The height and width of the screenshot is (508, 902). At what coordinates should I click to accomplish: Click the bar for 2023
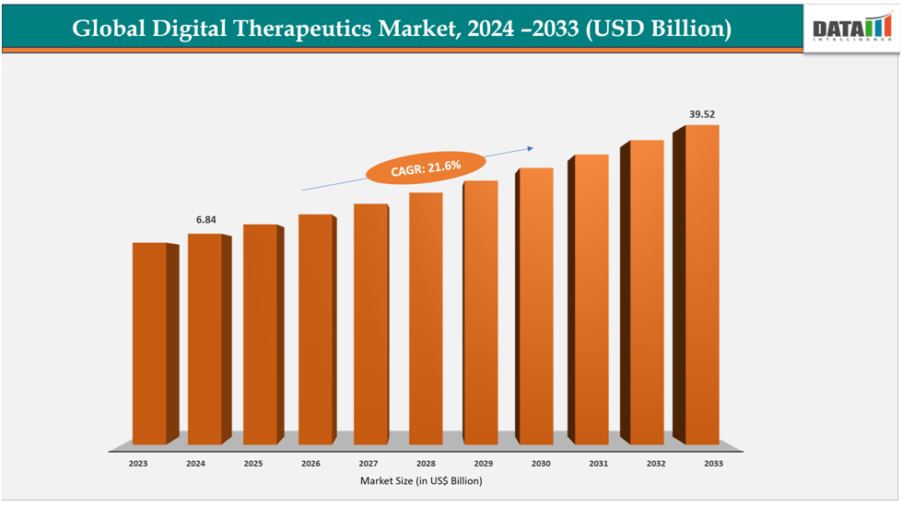point(149,345)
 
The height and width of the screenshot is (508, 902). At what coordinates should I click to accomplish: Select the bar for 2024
point(205,341)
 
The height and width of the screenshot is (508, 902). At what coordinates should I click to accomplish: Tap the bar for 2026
point(315,331)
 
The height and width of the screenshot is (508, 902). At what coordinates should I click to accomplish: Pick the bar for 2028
point(426,320)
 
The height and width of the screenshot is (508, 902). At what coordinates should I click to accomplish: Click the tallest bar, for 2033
point(702,285)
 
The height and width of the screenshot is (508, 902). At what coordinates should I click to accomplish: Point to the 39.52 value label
point(702,115)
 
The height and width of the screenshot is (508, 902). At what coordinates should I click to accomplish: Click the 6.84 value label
point(205,220)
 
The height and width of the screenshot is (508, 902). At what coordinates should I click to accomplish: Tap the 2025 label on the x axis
point(252,465)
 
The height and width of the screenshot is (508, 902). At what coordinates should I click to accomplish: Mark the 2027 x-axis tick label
point(368,465)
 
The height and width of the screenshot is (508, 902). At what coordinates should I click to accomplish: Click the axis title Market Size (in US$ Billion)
point(423,480)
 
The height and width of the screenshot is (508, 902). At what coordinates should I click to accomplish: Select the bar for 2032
point(647,293)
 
